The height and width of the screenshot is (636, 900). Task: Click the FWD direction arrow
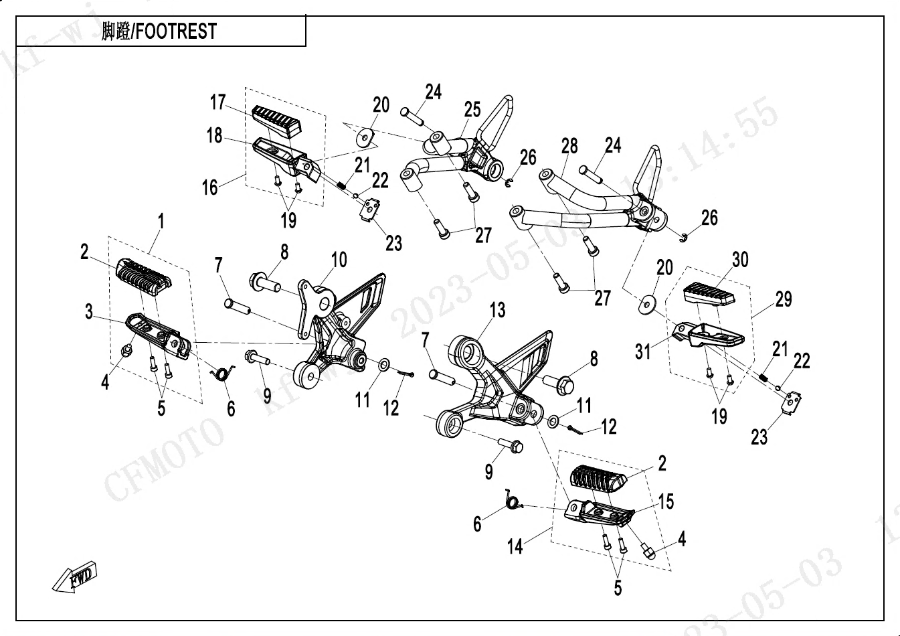pyautogui.click(x=76, y=577)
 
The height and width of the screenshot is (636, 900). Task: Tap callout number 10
pyautogui.click(x=339, y=259)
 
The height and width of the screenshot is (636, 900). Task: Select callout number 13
pyautogui.click(x=497, y=310)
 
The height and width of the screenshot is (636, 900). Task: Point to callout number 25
pyautogui.click(x=472, y=109)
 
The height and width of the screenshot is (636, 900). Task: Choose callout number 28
pyautogui.click(x=569, y=146)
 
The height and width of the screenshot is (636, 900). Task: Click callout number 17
pyautogui.click(x=218, y=102)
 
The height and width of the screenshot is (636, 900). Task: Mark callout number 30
pyautogui.click(x=740, y=260)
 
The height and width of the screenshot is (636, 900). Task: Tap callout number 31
pyautogui.click(x=642, y=351)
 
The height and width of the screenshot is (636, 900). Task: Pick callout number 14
pyautogui.click(x=515, y=546)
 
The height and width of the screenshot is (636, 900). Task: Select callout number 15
pyautogui.click(x=666, y=501)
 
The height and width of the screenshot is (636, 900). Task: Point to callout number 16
pyautogui.click(x=210, y=187)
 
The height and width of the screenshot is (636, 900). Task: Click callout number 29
pyautogui.click(x=784, y=299)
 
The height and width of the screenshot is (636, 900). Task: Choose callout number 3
pyautogui.click(x=89, y=311)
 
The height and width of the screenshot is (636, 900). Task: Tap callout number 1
pyautogui.click(x=161, y=220)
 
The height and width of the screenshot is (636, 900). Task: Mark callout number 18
pyautogui.click(x=214, y=135)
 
